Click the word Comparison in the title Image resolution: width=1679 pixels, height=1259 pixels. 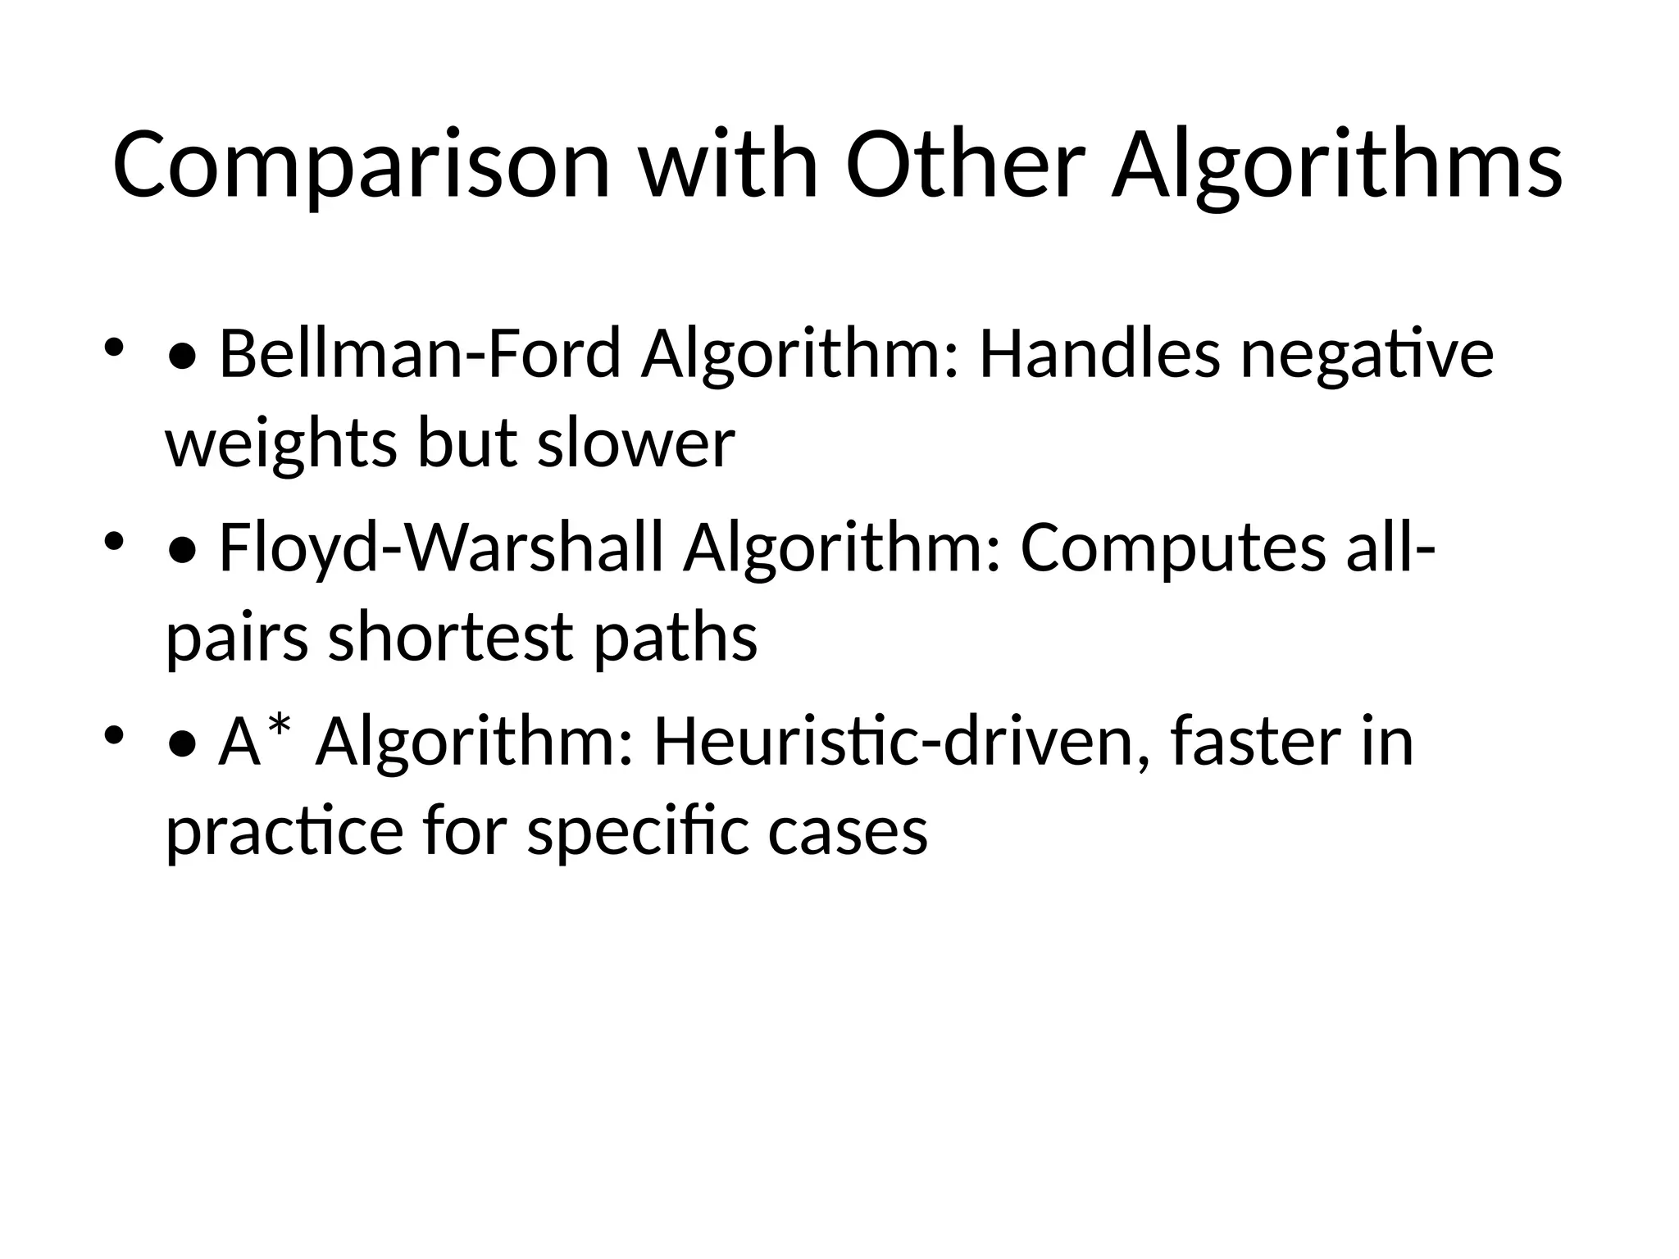[362, 166]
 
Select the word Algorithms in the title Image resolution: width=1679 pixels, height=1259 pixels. [1336, 166]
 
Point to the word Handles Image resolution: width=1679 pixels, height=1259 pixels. [1099, 354]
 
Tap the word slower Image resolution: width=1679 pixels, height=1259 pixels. [636, 443]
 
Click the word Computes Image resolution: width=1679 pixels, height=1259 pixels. [1172, 549]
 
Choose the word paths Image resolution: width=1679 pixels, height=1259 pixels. [675, 638]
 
